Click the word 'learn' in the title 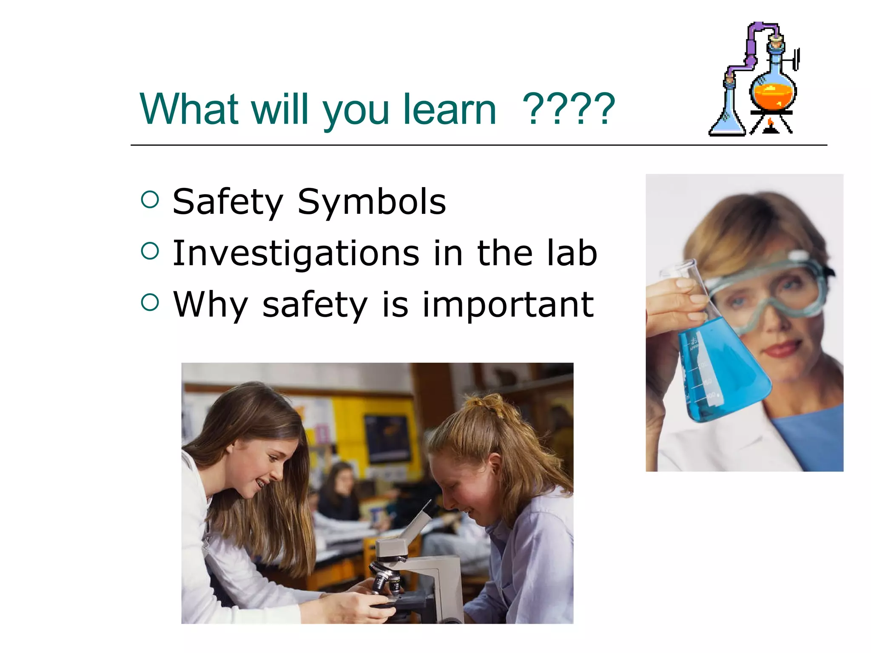pyautogui.click(x=450, y=110)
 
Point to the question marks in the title pyautogui.click(x=569, y=110)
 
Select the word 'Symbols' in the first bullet pyautogui.click(x=372, y=202)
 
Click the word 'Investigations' pyautogui.click(x=296, y=254)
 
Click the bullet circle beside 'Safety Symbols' pyautogui.click(x=150, y=200)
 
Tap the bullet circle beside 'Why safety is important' pyautogui.click(x=150, y=302)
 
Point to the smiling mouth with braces pyautogui.click(x=261, y=483)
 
